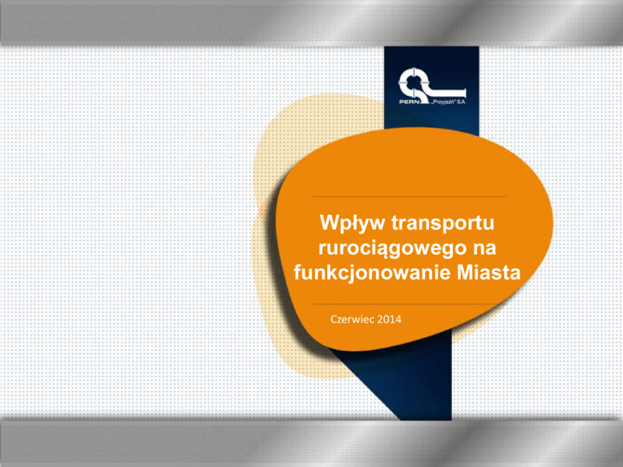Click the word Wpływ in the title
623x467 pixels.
(x=352, y=223)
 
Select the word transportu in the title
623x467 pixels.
(x=443, y=223)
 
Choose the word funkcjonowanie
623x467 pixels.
(x=372, y=273)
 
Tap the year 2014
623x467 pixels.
(x=389, y=319)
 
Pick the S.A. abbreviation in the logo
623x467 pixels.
(x=462, y=102)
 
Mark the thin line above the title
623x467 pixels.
(x=409, y=196)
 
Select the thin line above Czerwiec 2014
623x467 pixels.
(x=405, y=304)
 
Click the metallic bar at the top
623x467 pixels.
(x=311, y=23)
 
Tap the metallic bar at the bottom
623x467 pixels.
(x=311, y=443)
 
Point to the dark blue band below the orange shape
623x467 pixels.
(x=413, y=381)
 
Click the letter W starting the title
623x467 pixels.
(x=329, y=222)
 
